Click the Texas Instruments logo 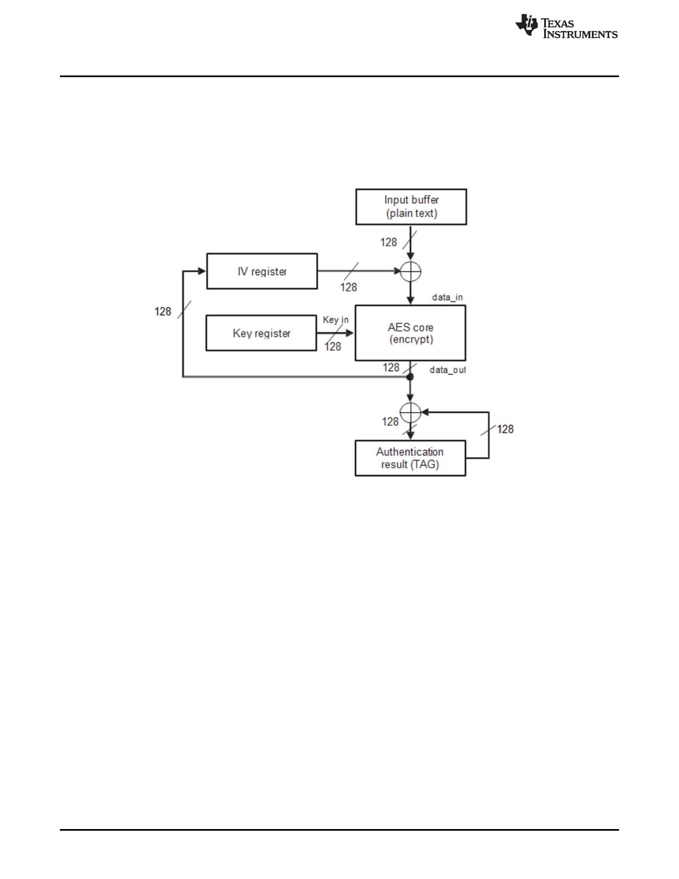pos(566,27)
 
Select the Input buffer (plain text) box pos(411,207)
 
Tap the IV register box pos(262,271)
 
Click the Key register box pos(261,333)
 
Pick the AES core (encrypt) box pos(411,333)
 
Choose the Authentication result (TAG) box pos(410,458)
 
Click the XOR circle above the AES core pos(411,271)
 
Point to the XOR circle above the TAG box pos(411,412)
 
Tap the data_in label pos(447,297)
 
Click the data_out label pos(447,370)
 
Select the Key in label pos(336,320)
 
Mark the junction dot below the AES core pos(411,377)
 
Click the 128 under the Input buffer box pos(388,243)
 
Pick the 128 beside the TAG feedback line pos(505,429)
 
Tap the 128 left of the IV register pos(163,311)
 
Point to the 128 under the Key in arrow pos(333,347)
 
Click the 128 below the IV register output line pos(348,287)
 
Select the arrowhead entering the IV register pos(202,271)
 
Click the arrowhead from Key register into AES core pos(350,333)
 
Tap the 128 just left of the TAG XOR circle pos(390,422)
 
